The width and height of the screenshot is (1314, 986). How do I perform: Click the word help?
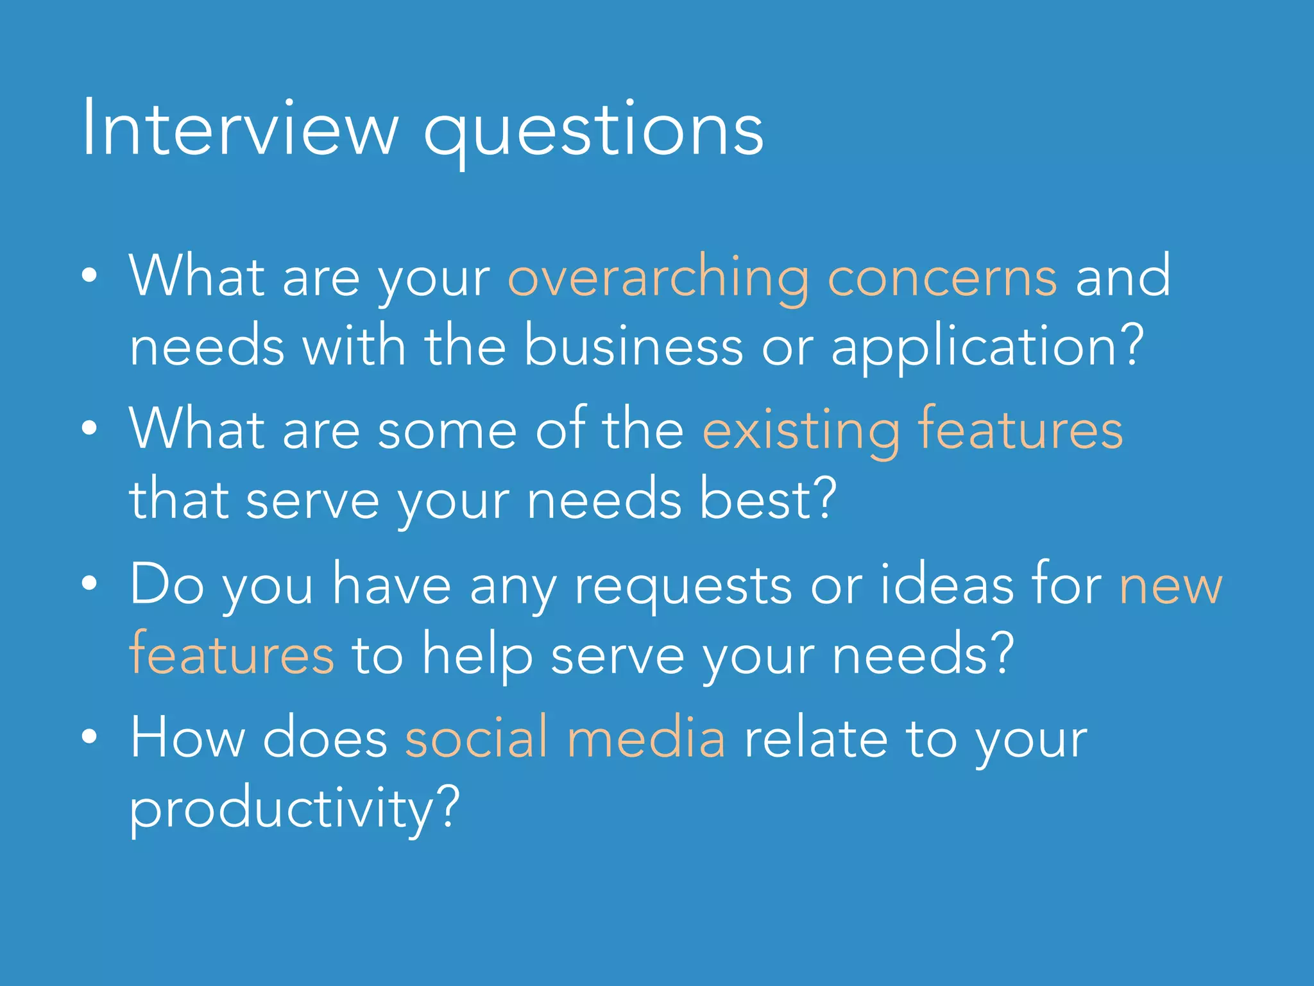point(477,656)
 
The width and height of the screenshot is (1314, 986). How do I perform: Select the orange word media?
point(646,737)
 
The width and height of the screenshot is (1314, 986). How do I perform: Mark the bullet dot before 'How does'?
point(90,736)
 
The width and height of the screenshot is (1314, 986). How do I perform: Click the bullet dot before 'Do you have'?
point(90,584)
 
